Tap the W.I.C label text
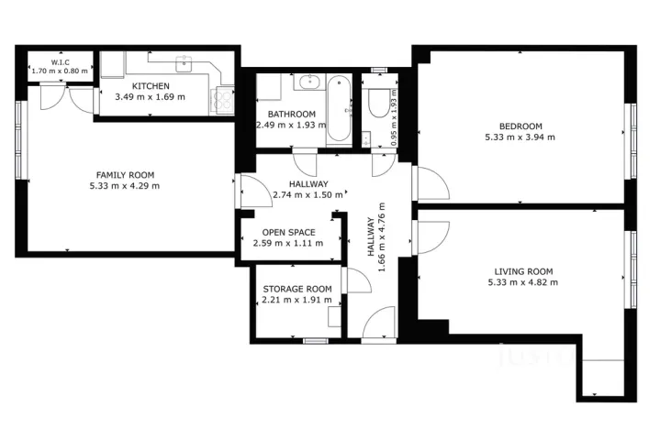61,62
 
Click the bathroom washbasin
306,84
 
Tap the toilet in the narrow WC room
377,103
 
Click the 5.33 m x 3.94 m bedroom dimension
520,137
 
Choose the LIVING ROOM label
523,270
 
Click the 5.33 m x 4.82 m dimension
522,282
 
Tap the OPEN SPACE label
289,232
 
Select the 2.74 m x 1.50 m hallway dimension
308,194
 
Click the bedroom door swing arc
434,183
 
